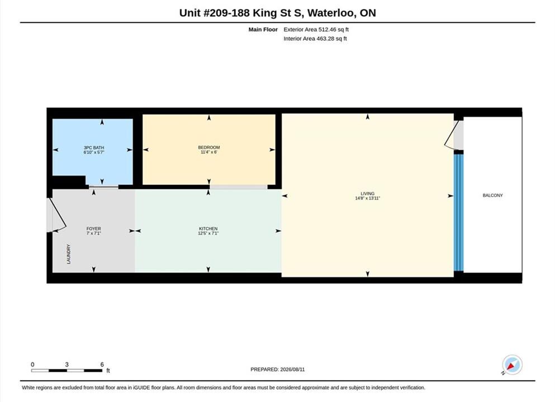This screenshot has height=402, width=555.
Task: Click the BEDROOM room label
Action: (209, 147)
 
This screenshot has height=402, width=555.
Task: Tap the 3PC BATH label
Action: (94, 147)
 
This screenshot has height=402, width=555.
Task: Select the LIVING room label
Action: (367, 193)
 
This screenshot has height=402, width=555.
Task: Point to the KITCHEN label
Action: (208, 229)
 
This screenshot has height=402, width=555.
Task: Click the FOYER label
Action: (94, 229)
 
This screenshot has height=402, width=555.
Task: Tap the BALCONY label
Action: (493, 195)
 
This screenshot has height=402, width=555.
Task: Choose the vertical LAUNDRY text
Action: (69, 254)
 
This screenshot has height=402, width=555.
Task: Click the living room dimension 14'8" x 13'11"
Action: (367, 198)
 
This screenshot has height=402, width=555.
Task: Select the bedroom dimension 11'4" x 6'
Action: (209, 152)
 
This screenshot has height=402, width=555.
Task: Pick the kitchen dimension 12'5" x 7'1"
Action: (208, 233)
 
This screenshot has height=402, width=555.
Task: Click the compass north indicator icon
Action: (512, 365)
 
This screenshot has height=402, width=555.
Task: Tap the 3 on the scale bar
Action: (67, 365)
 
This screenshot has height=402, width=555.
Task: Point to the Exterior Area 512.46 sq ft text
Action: (316, 30)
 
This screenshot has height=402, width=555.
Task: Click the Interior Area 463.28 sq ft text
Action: (315, 39)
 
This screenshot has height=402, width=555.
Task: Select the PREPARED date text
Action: (277, 370)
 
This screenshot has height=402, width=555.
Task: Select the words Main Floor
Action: (263, 30)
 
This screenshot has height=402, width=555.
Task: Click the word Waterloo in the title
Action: (331, 13)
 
